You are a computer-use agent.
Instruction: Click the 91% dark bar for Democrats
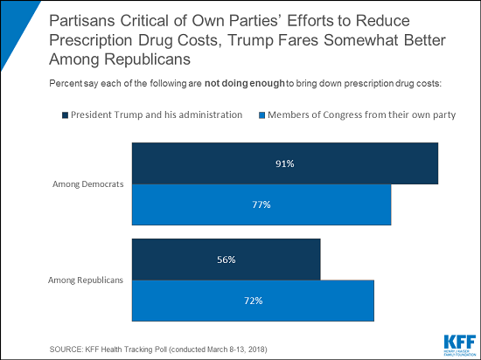(284, 163)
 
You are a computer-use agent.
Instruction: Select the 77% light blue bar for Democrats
(261, 204)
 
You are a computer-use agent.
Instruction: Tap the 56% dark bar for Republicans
(226, 260)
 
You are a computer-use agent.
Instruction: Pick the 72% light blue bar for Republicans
(253, 301)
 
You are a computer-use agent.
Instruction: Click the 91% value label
(284, 163)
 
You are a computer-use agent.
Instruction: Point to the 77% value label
(261, 204)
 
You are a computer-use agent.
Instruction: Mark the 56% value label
(226, 260)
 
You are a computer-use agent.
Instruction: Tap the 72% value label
(253, 301)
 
